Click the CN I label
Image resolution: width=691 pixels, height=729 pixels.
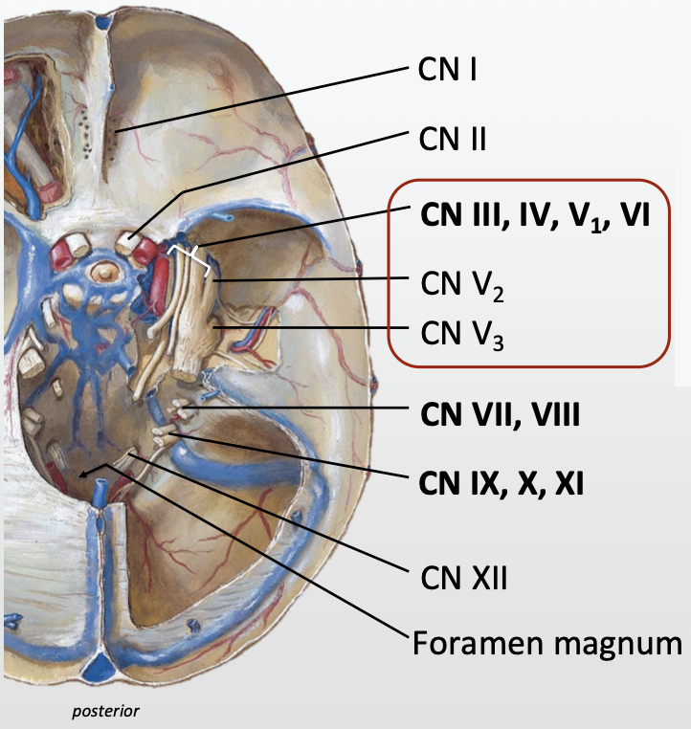click(x=448, y=71)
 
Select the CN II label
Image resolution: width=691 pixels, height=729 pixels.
click(x=452, y=140)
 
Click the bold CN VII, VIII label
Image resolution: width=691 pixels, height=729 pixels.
click(x=500, y=414)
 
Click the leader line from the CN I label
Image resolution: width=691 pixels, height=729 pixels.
click(x=258, y=99)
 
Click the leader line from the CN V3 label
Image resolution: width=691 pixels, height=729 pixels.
click(x=316, y=331)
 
